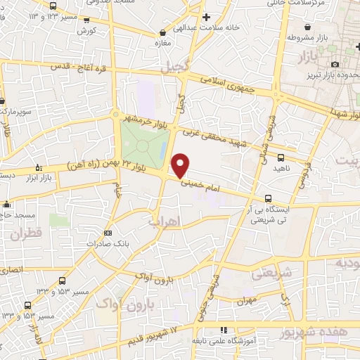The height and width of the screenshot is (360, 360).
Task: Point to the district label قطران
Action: [27, 233]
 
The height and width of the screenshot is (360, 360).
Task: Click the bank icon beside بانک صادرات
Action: [108, 233]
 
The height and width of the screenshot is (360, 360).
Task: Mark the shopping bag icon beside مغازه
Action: [163, 32]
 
